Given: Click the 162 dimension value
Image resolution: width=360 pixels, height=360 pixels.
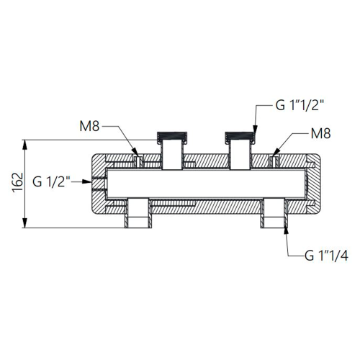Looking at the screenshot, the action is pos(17,182).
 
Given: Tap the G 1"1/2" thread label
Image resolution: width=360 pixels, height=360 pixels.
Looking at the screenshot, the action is pos(300,105).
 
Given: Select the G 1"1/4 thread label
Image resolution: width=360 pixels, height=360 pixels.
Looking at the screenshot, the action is pos(326,256).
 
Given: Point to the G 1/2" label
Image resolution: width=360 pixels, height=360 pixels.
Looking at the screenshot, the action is pos(51,181).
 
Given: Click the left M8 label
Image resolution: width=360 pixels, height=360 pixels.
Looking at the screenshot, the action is pos(89,126).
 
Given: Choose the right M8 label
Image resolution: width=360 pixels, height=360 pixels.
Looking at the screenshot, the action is pos(320,133).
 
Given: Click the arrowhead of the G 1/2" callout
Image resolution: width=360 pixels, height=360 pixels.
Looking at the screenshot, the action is pos(87,181).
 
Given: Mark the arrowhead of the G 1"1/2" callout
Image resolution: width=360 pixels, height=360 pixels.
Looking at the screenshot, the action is pos(255,130).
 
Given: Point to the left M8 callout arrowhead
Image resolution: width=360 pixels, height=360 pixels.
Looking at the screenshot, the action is pos(135,152).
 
